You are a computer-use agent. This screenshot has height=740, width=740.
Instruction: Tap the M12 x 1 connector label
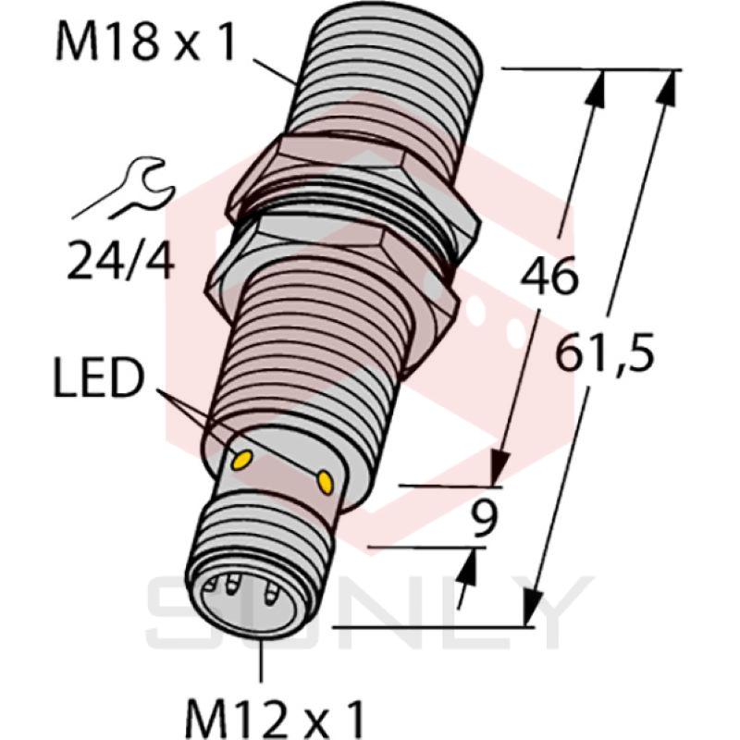(275, 715)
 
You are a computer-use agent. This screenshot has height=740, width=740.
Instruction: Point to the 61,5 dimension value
(606, 352)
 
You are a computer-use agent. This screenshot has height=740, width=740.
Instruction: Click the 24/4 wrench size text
(120, 265)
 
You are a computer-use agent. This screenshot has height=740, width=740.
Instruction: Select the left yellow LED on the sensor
(244, 458)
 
